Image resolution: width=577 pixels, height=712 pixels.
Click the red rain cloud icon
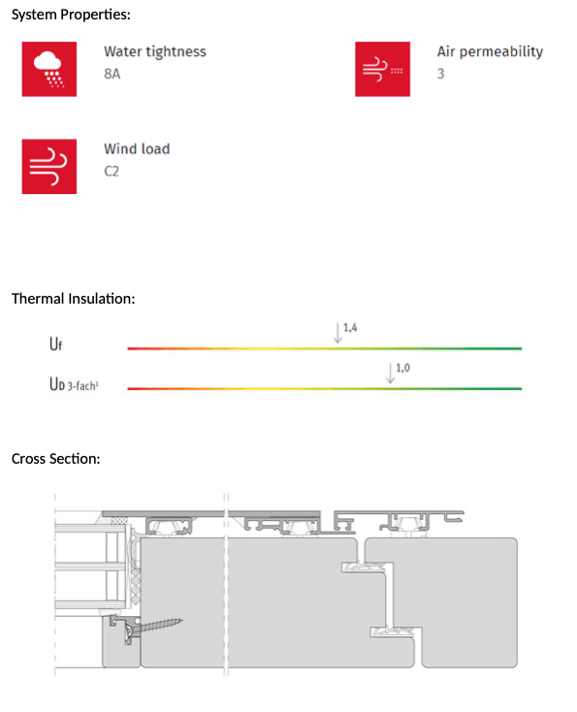click(x=49, y=69)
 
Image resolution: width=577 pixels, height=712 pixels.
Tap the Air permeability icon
click(x=382, y=69)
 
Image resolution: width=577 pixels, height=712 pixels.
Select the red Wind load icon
click(x=49, y=167)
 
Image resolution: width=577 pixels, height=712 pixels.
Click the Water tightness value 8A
click(x=112, y=74)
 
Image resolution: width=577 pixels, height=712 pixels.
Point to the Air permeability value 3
click(x=440, y=74)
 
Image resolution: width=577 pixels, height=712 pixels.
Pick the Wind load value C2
click(x=112, y=171)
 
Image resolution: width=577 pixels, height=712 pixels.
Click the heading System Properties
click(x=71, y=15)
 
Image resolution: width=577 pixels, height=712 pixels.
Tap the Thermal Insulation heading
click(x=73, y=299)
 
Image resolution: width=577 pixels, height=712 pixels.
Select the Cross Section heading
click(x=55, y=459)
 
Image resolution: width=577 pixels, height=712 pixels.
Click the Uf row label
click(x=55, y=343)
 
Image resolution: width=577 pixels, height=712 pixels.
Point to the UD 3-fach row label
click(x=74, y=384)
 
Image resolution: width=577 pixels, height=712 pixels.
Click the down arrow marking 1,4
click(x=337, y=333)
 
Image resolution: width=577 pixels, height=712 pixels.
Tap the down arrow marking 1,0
click(x=390, y=372)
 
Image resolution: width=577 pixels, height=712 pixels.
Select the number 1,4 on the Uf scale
click(x=350, y=328)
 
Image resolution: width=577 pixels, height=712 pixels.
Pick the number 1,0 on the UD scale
click(x=402, y=368)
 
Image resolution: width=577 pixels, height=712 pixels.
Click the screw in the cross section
click(x=153, y=627)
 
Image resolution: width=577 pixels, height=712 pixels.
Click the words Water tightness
click(x=155, y=51)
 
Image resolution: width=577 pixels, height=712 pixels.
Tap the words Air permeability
click(x=490, y=51)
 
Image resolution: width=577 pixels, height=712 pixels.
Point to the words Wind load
click(x=137, y=149)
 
